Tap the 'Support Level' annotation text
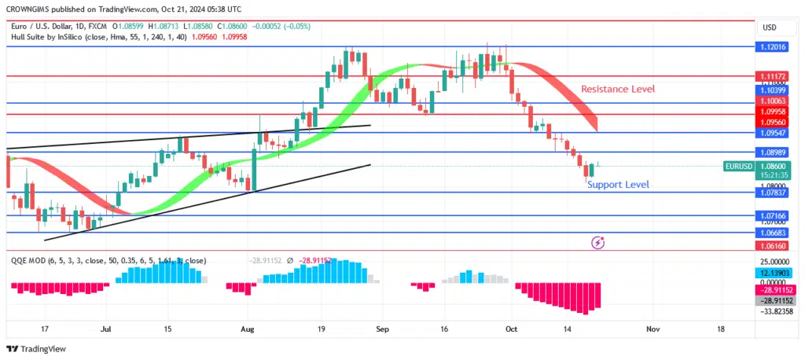(x=618, y=185)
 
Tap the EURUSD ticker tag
(x=739, y=167)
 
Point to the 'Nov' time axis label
(x=652, y=329)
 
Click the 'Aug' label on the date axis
(x=248, y=329)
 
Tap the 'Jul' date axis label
(x=107, y=329)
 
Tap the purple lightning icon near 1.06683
(x=597, y=243)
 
